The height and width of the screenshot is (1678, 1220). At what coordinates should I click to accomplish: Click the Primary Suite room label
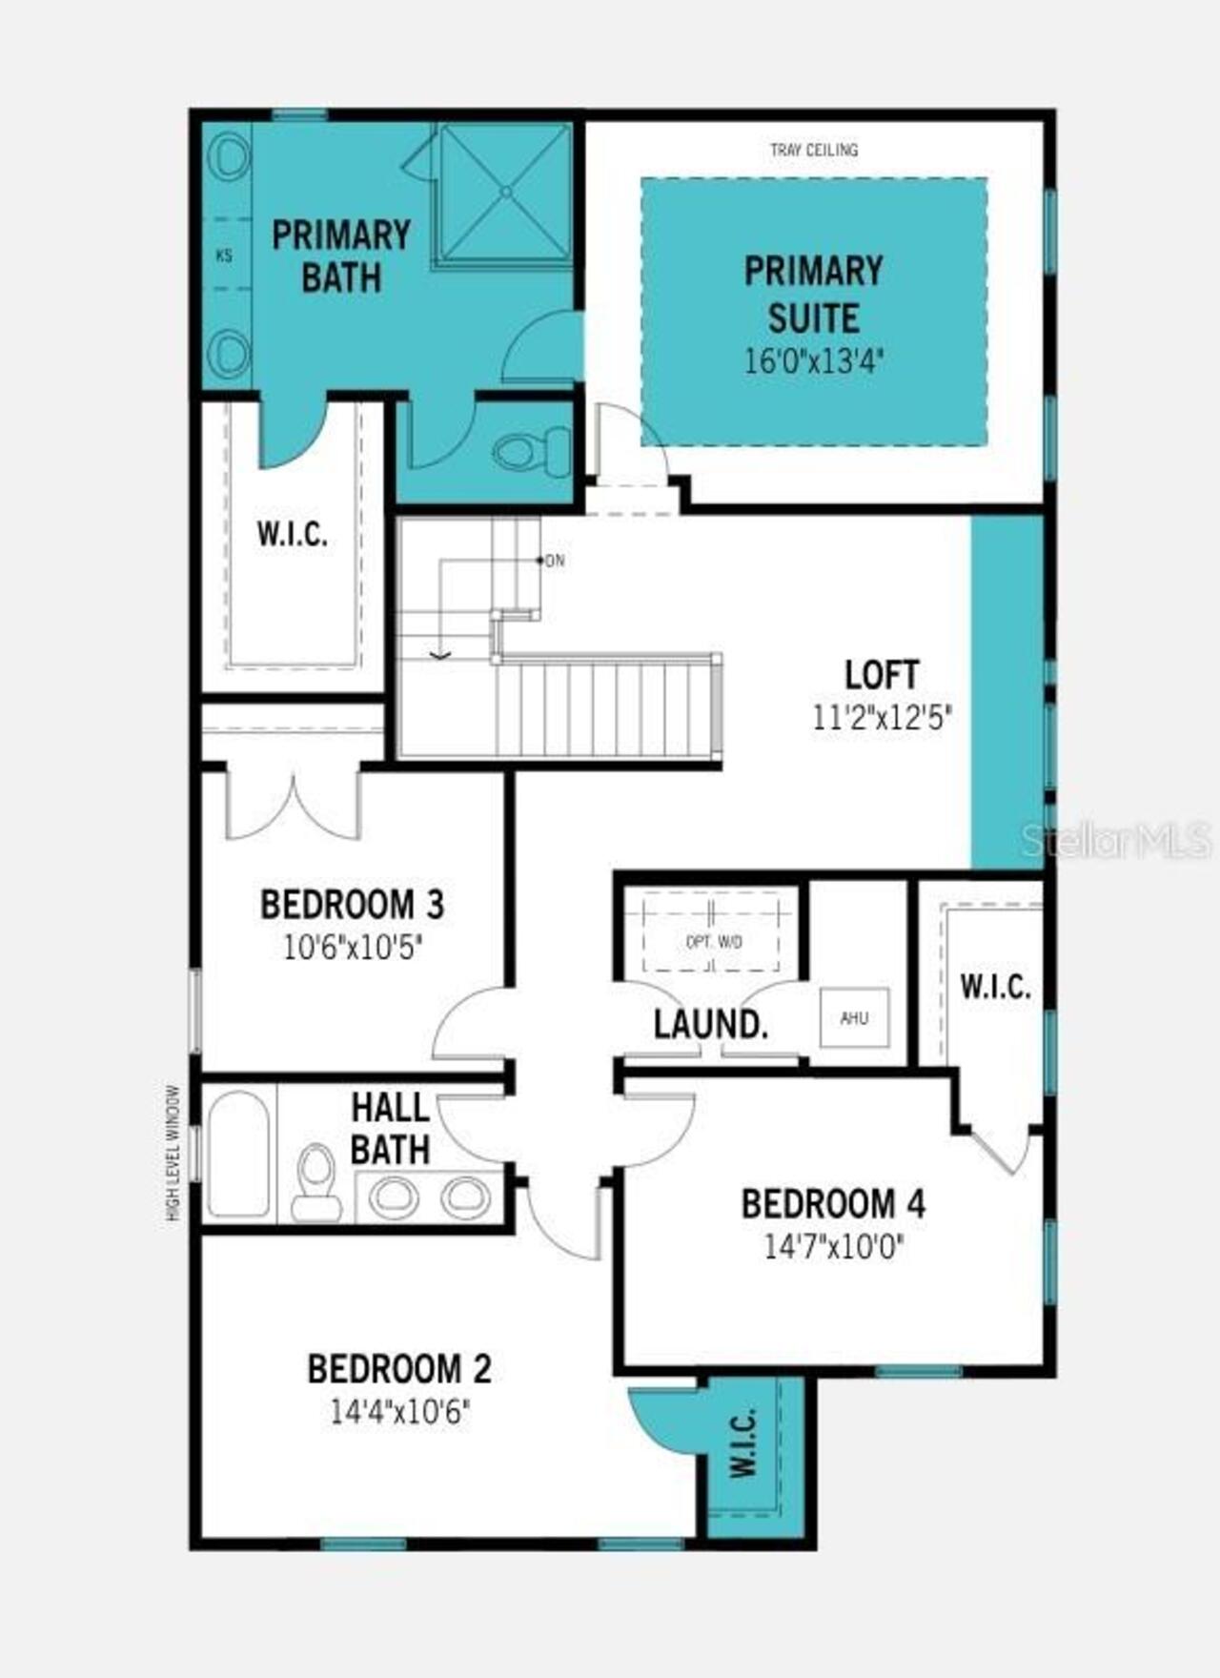[x=813, y=294]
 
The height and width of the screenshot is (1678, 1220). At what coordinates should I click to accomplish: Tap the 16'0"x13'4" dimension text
[x=814, y=362]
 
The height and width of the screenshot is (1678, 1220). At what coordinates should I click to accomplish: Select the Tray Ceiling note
[x=814, y=150]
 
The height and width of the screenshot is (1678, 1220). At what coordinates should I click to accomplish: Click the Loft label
[x=882, y=675]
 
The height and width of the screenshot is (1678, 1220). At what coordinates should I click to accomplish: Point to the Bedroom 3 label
[x=353, y=905]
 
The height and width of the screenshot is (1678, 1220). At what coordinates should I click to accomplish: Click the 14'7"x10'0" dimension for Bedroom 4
[x=834, y=1246]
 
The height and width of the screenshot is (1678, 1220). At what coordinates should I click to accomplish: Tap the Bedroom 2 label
[x=399, y=1369]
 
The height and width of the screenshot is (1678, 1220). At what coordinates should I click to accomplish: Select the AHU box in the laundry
[x=854, y=1018]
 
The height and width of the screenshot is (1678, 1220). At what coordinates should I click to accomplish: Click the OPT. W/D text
[x=714, y=942]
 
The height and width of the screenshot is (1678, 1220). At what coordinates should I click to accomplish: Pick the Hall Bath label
[x=390, y=1128]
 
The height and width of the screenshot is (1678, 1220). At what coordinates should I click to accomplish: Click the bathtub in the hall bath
[x=238, y=1154]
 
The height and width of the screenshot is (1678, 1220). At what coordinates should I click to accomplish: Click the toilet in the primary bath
[x=530, y=453]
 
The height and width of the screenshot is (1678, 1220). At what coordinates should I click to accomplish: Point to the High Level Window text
[x=173, y=1153]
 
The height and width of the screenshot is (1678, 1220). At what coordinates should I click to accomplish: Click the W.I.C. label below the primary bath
[x=292, y=534]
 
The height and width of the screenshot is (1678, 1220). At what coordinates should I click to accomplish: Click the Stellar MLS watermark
[x=1116, y=840]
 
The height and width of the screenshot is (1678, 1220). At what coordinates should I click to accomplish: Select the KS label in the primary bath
[x=224, y=256]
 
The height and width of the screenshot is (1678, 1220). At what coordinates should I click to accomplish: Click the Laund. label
[x=710, y=1025]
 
